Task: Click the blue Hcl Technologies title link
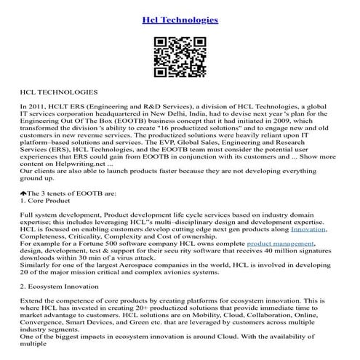click(180, 20)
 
